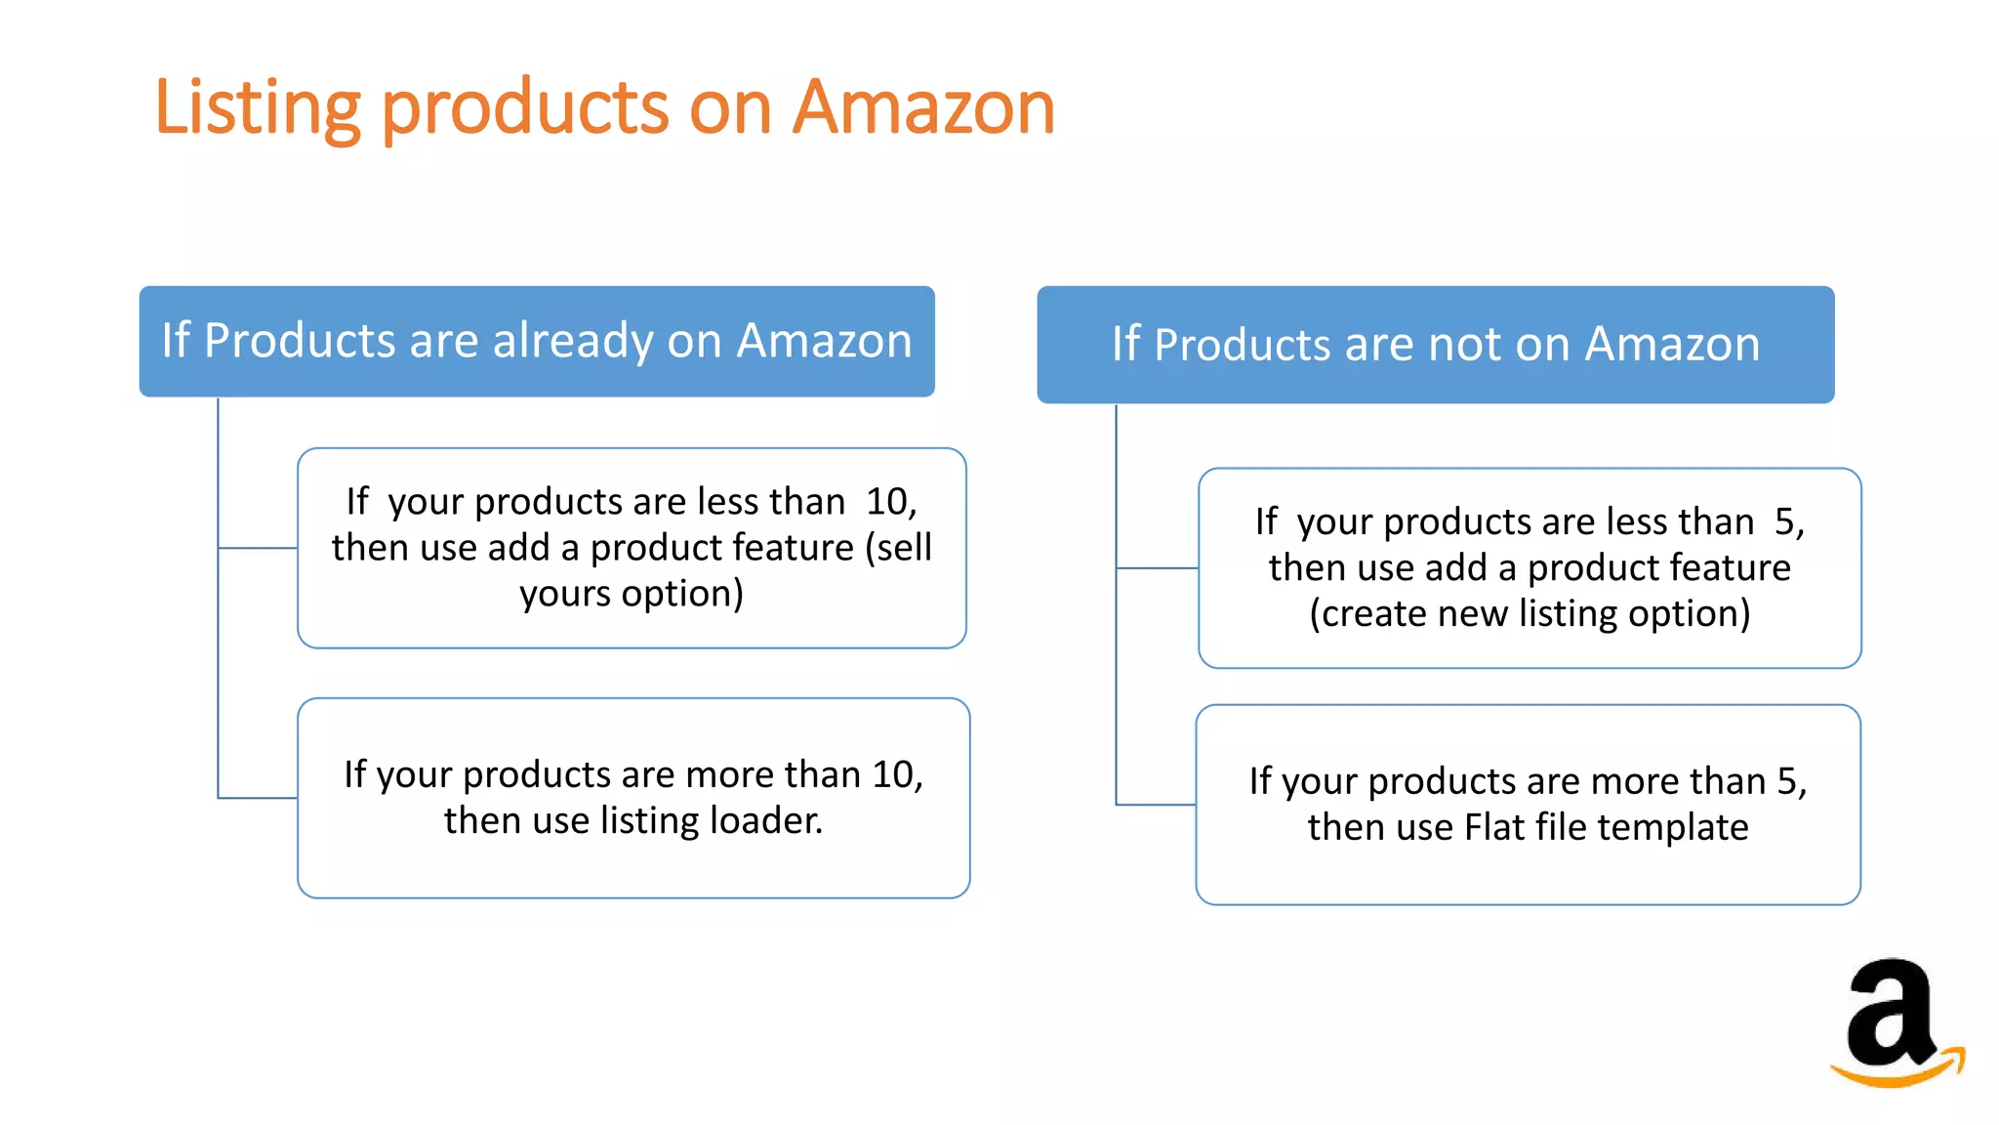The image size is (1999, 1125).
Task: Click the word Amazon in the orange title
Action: click(923, 107)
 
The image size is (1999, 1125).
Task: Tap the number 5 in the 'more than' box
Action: click(1787, 781)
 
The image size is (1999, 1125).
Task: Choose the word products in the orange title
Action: click(525, 107)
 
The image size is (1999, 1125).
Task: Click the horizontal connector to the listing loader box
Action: click(258, 798)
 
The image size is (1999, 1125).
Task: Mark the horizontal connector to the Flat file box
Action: click(1157, 805)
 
